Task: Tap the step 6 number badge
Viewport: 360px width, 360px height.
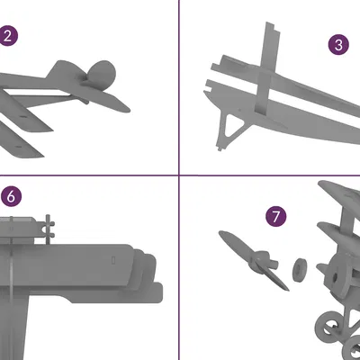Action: [9, 195]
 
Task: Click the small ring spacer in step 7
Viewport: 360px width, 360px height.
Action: [300, 267]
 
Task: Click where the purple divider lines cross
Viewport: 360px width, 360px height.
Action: [179, 175]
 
